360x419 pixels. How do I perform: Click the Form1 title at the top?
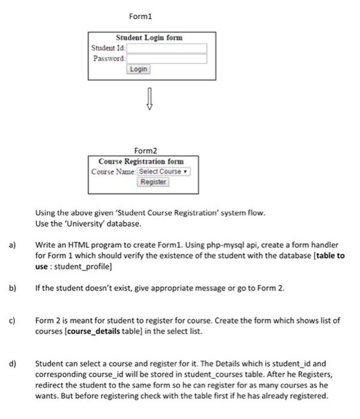[x=141, y=15]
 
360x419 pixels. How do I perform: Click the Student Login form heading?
[x=149, y=38]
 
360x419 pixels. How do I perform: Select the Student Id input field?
[x=167, y=48]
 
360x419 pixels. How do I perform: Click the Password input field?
[x=167, y=59]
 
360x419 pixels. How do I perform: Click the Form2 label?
[x=147, y=151]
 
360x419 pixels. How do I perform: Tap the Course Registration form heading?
[x=141, y=161]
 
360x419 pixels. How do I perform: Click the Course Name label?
[x=114, y=172]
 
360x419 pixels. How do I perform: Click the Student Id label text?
[x=108, y=48]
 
